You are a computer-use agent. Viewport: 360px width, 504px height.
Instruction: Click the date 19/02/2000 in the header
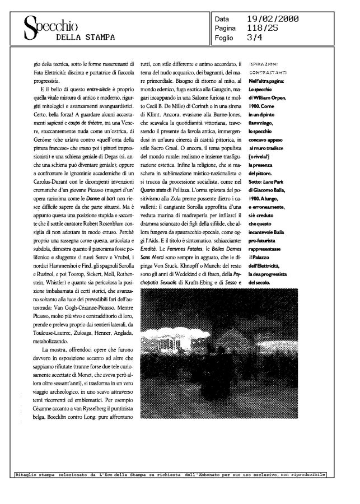[273, 20]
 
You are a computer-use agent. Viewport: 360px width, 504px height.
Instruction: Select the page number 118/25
[261, 28]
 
